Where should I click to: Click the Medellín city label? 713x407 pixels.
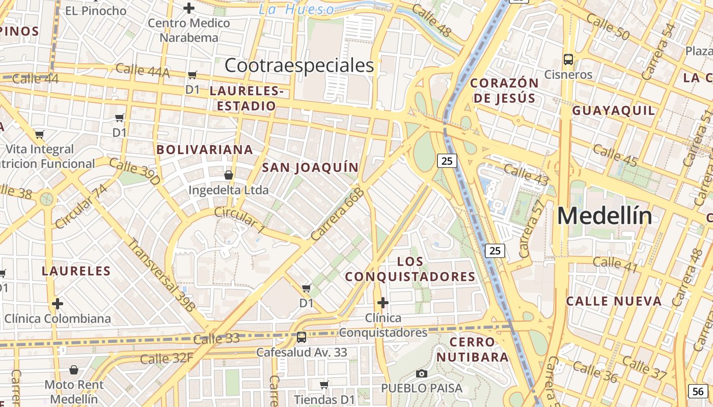605,216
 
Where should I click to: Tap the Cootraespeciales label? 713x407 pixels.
299,66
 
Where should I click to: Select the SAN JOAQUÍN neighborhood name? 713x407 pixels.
310,167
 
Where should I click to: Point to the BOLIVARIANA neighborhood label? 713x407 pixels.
205,150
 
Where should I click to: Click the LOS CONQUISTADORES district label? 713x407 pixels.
410,269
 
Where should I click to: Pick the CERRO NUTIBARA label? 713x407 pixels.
472,349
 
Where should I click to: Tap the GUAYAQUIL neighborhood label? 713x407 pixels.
613,110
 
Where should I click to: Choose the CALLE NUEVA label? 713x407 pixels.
614,301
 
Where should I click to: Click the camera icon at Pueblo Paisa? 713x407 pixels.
421,374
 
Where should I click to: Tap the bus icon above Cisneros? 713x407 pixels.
568,59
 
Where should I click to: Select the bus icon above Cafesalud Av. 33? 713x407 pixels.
301,337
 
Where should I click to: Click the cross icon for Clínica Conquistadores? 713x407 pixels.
383,303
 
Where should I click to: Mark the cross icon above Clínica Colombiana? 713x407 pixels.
58,304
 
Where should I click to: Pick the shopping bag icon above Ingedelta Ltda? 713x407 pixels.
228,175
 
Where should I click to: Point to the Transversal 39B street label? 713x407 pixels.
161,274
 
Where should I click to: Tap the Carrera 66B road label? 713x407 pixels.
338,214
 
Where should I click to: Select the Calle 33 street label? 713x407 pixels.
216,339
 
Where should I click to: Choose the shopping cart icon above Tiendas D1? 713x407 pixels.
324,385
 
